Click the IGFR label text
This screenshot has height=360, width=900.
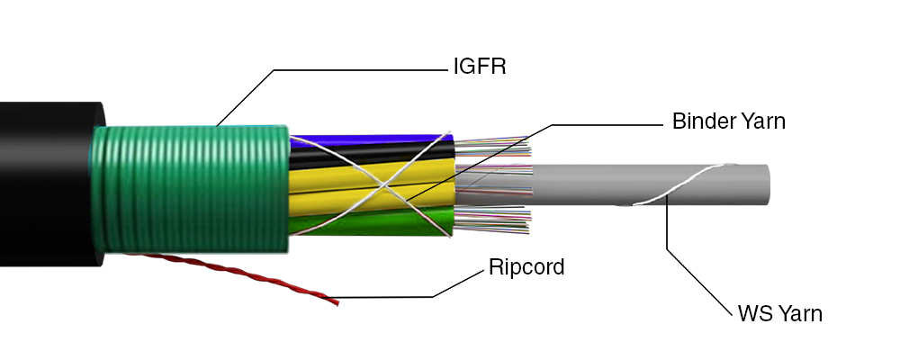(x=480, y=67)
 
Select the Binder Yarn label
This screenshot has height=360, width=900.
(x=728, y=121)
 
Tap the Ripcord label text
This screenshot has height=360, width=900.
(x=526, y=267)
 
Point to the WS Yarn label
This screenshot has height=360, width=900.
(x=779, y=313)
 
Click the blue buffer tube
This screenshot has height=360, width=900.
(x=367, y=140)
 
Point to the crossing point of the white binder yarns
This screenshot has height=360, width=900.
(x=382, y=184)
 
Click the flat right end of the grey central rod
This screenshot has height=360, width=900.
(x=766, y=184)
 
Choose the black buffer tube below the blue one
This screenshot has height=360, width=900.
(x=370, y=154)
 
